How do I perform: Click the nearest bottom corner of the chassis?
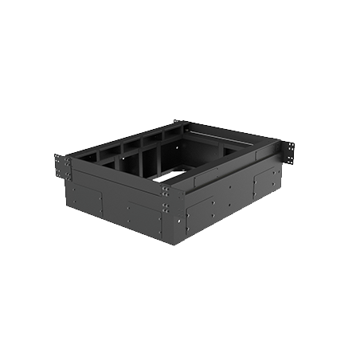coord(173,244)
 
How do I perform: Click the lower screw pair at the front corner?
coord(164,208)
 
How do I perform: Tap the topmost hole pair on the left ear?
coord(59,157)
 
